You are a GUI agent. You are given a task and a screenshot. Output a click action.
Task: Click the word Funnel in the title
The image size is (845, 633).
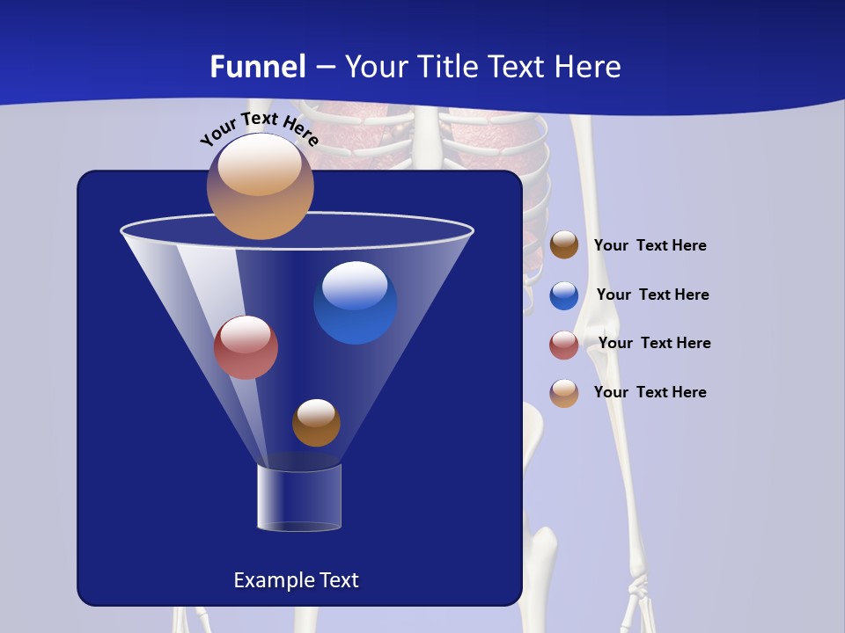[258, 67]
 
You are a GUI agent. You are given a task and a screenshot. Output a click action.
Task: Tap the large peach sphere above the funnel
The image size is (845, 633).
[260, 186]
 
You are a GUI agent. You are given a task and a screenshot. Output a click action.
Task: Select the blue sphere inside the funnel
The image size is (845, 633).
[355, 302]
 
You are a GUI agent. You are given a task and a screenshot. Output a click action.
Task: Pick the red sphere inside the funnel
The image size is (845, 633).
[246, 347]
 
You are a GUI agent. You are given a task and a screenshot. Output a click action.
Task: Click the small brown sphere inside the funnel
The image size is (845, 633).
[316, 423]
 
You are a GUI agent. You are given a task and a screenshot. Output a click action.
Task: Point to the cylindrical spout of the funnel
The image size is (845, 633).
[299, 498]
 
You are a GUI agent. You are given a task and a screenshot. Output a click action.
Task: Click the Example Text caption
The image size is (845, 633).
[296, 580]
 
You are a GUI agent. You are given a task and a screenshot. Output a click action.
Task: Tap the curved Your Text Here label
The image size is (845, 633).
[259, 128]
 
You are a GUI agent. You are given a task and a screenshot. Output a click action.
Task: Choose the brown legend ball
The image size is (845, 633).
[564, 245]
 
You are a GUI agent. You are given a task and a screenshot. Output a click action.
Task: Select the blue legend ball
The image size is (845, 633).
[564, 295]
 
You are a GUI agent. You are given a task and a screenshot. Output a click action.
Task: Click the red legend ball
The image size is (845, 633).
[564, 345]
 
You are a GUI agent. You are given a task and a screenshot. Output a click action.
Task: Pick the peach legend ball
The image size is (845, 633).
[564, 393]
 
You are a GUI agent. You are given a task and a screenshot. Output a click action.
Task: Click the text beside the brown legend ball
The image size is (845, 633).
[650, 245]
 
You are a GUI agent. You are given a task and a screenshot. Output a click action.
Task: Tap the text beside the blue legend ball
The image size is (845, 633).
[652, 295]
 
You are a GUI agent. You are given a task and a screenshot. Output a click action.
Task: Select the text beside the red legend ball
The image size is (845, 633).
[654, 343]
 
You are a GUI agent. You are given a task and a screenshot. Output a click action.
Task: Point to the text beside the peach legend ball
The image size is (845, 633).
[650, 392]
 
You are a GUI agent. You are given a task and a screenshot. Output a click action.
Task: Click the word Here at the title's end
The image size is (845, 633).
[590, 67]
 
